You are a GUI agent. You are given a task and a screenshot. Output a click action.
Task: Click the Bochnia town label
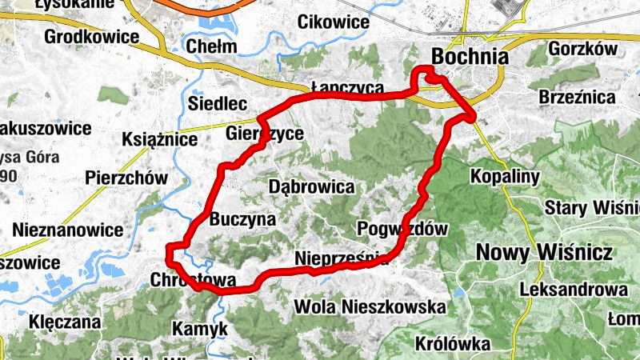[x=470, y=57]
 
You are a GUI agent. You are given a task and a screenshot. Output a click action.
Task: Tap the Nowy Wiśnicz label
[x=544, y=253]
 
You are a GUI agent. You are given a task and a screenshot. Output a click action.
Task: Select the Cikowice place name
[x=333, y=22]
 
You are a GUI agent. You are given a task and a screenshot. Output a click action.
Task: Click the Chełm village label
[x=211, y=46]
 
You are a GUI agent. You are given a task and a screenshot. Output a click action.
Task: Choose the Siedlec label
[x=216, y=103]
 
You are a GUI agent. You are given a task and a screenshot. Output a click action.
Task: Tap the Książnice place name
[x=159, y=140]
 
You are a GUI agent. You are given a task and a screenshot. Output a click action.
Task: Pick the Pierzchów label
[x=126, y=178]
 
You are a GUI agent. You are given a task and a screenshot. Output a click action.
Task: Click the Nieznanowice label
[x=68, y=230]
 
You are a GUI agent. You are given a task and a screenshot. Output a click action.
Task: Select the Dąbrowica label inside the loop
[x=312, y=187]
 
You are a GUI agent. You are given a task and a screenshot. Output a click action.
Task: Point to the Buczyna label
[x=242, y=218]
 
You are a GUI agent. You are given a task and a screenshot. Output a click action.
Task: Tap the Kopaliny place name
[x=506, y=176]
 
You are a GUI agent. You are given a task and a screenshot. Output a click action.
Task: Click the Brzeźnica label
[x=577, y=98]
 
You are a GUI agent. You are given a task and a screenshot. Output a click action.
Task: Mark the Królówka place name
[x=453, y=343]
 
